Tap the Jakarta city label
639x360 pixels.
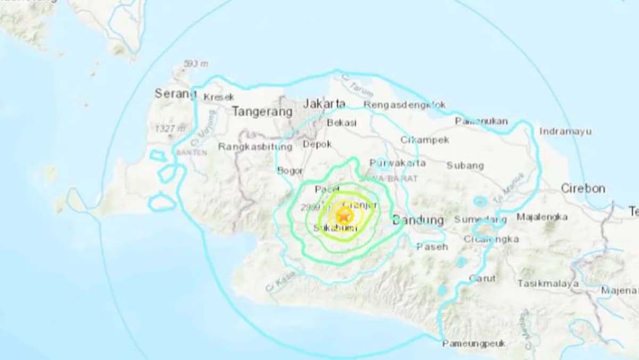point(324,103)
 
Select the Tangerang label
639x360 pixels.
point(262,112)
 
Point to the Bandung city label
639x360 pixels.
point(418,220)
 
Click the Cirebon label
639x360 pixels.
point(583,189)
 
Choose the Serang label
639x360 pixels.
point(175,94)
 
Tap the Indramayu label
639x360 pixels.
point(565,131)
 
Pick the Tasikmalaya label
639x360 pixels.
point(548,284)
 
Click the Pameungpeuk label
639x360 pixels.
point(473,343)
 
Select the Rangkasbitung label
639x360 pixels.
point(255,146)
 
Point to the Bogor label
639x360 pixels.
point(290,170)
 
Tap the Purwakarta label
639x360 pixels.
point(398,162)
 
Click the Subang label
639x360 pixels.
point(465,166)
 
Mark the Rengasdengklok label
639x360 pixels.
point(405,105)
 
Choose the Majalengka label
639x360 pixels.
point(542,217)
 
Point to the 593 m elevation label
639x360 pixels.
point(195,64)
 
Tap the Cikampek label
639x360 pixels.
point(424,140)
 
